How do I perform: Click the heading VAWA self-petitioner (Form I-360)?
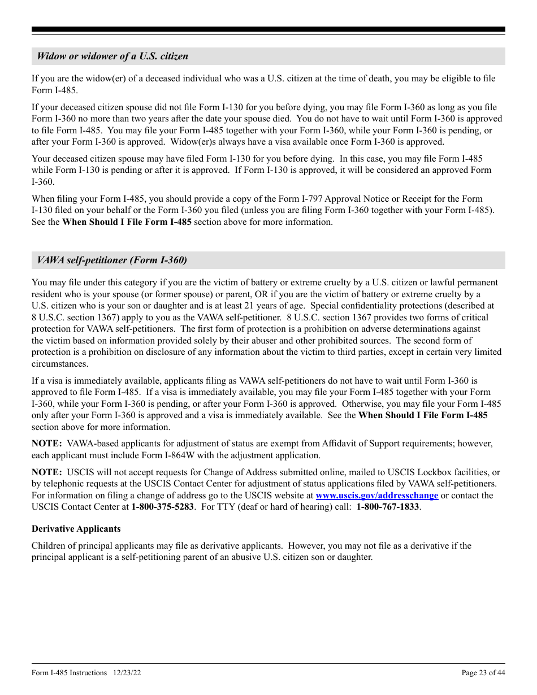click(112, 260)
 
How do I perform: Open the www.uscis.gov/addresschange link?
click(376, 496)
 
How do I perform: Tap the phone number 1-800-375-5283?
click(162, 507)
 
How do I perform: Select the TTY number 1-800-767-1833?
click(388, 507)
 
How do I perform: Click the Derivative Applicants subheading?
click(76, 529)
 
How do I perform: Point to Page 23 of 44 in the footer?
click(483, 672)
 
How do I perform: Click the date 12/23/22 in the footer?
click(127, 672)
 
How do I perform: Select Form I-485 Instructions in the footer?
click(69, 672)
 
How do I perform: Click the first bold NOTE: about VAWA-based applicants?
click(46, 444)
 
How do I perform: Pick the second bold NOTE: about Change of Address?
click(46, 472)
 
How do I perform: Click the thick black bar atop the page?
click(268, 29)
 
